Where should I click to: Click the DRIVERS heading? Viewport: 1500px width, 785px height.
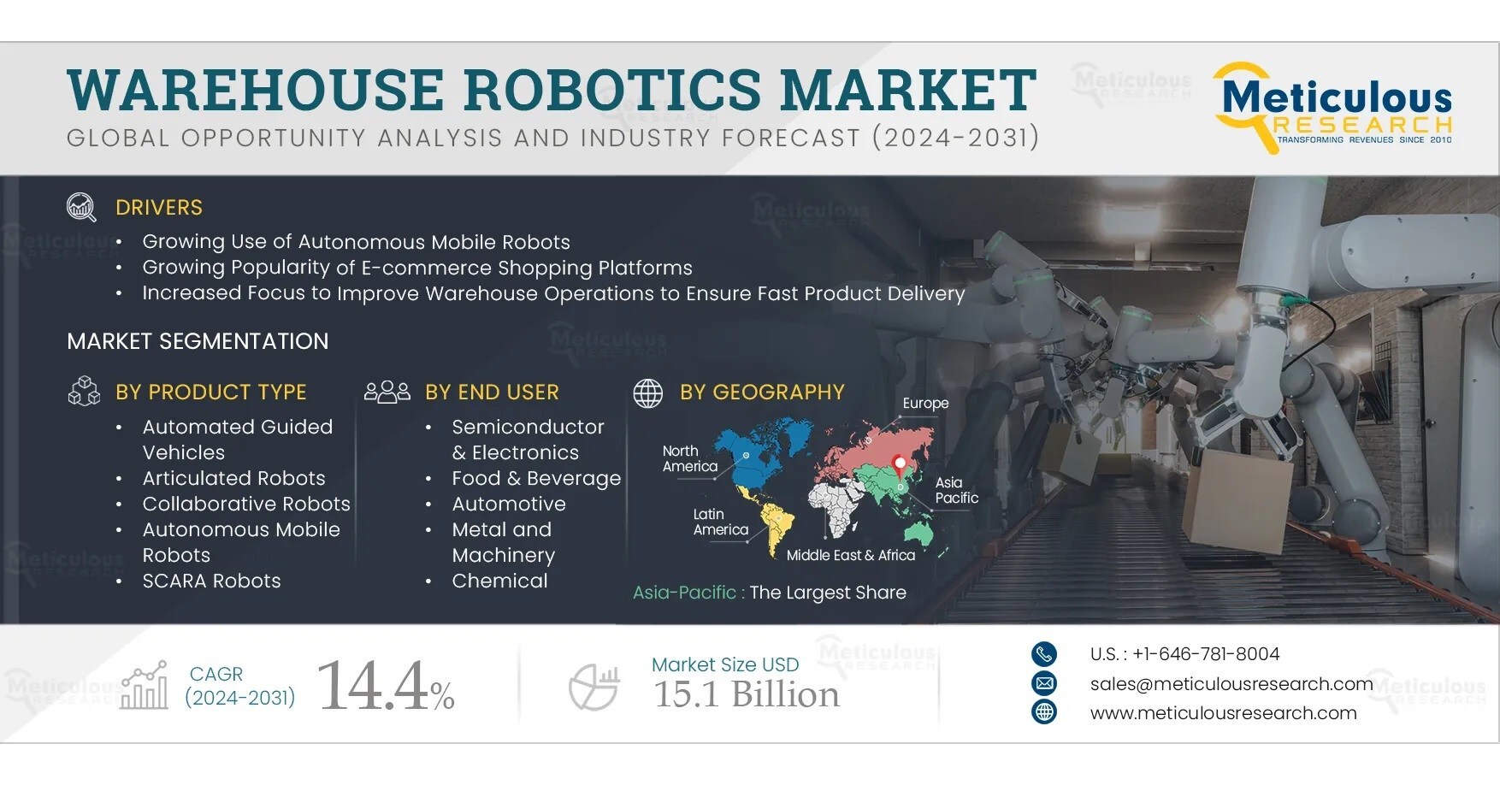pyautogui.click(x=159, y=208)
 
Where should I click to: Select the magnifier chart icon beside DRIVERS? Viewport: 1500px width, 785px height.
pyautogui.click(x=81, y=207)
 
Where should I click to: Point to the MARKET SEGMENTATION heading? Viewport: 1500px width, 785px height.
pyautogui.click(x=198, y=341)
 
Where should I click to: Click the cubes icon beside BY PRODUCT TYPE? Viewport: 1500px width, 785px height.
pyautogui.click(x=84, y=392)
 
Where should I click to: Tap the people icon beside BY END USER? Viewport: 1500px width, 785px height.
pyautogui.click(x=387, y=392)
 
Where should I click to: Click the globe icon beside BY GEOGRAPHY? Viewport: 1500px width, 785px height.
pyautogui.click(x=647, y=392)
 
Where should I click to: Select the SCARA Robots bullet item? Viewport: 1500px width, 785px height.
pyautogui.click(x=211, y=581)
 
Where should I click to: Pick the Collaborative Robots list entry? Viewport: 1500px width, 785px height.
pyautogui.click(x=246, y=504)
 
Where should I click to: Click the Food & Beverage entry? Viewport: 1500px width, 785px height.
pyautogui.click(x=536, y=478)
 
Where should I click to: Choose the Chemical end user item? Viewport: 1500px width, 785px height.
pyautogui.click(x=499, y=581)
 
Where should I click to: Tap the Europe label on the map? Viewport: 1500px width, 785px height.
pyautogui.click(x=925, y=403)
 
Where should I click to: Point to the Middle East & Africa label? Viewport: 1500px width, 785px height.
pyautogui.click(x=850, y=555)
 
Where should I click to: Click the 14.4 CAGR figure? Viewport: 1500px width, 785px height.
pyautogui.click(x=374, y=686)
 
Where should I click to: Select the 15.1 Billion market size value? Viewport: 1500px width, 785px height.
pyautogui.click(x=747, y=694)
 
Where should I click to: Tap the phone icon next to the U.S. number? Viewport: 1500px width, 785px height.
pyautogui.click(x=1043, y=654)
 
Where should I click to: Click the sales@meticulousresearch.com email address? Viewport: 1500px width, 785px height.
pyautogui.click(x=1231, y=683)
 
